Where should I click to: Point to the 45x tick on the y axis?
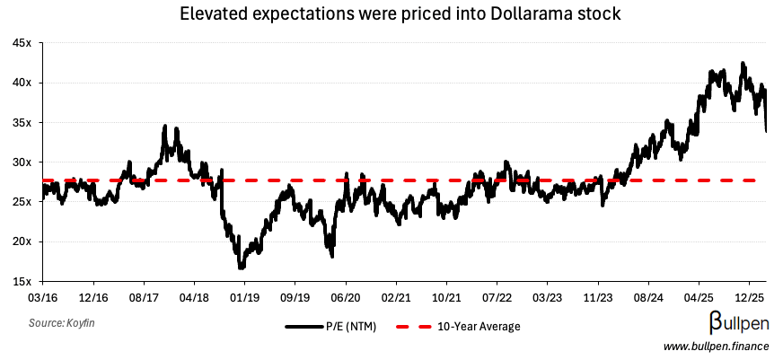pyautogui.click(x=23, y=43)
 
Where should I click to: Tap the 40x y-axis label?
pyautogui.click(x=23, y=83)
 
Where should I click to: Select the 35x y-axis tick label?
pyautogui.click(x=23, y=123)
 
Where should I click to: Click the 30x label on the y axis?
pyautogui.click(x=23, y=162)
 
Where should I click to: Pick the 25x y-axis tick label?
pyautogui.click(x=23, y=202)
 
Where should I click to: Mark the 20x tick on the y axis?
pyautogui.click(x=23, y=241)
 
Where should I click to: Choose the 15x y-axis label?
pyautogui.click(x=23, y=281)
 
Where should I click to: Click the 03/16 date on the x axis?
pyautogui.click(x=44, y=294)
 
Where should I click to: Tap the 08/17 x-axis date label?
pyautogui.click(x=145, y=294)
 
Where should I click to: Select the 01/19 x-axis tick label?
pyautogui.click(x=245, y=294)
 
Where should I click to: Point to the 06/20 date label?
pyautogui.click(x=346, y=294)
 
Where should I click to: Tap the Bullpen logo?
pyautogui.click(x=735, y=324)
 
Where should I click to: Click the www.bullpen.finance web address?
pyautogui.click(x=716, y=347)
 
